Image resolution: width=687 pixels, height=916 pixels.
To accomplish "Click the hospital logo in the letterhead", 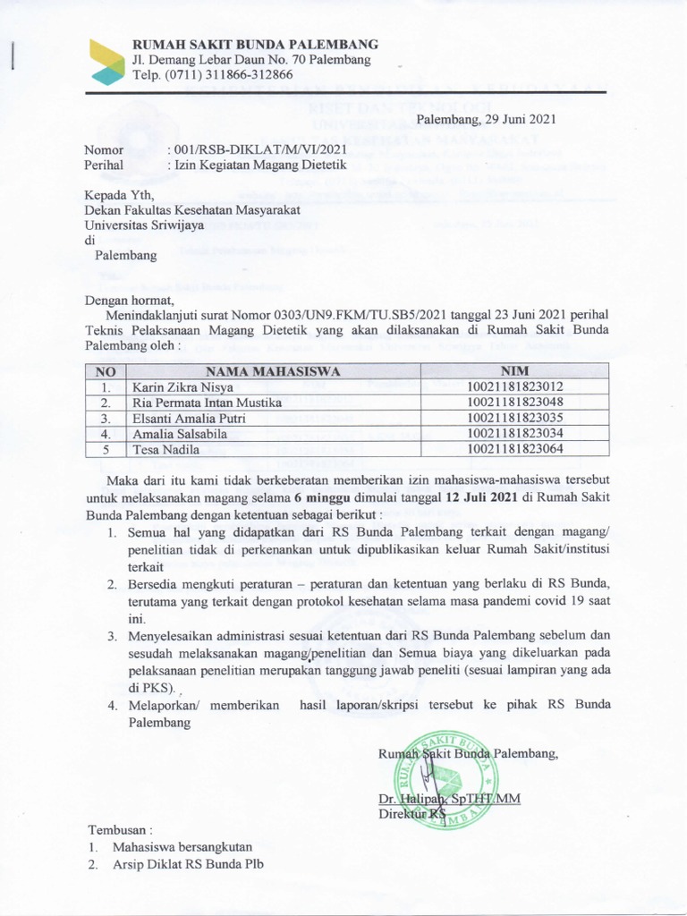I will pyautogui.click(x=107, y=62).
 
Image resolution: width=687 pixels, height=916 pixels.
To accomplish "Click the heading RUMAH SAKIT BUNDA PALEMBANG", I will pyautogui.click(x=255, y=44).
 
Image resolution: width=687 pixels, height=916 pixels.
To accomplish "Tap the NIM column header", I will pyautogui.click(x=515, y=371).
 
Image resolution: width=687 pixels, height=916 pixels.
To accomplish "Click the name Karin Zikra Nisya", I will pyautogui.click(x=183, y=387).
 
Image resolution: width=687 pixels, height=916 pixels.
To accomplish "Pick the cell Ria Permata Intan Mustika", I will pyautogui.click(x=204, y=403).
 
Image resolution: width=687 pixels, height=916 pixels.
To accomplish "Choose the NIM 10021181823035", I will pyautogui.click(x=515, y=418).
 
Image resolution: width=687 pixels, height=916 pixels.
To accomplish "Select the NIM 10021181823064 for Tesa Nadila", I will pyautogui.click(x=515, y=448).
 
